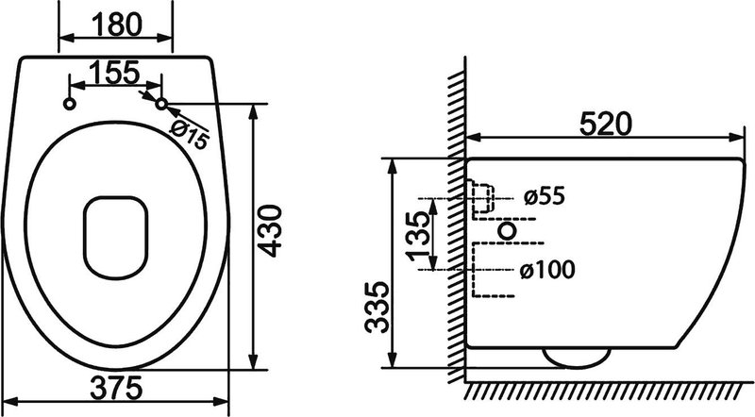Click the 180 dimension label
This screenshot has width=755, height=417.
pyautogui.click(x=116, y=25)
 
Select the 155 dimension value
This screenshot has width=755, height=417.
pyautogui.click(x=114, y=73)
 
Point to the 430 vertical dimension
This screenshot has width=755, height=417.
pyautogui.click(x=269, y=230)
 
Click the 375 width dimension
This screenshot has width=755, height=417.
pyautogui.click(x=116, y=388)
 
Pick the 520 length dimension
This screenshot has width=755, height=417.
pyautogui.click(x=605, y=124)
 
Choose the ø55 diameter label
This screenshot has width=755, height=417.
pyautogui.click(x=545, y=196)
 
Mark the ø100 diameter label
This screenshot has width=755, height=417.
pyautogui.click(x=547, y=269)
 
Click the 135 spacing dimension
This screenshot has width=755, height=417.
pyautogui.click(x=417, y=236)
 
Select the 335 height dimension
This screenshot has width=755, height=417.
pyautogui.click(x=377, y=308)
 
